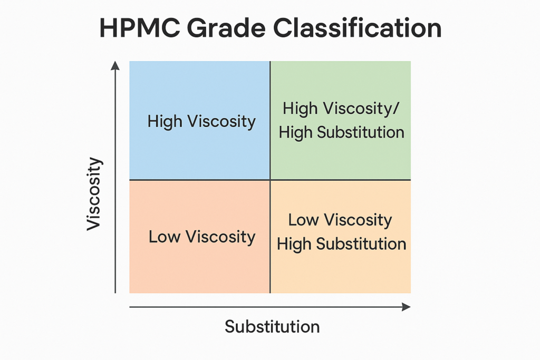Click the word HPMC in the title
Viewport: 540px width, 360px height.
pyautogui.click(x=139, y=28)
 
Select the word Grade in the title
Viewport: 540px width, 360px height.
pyautogui.click(x=226, y=28)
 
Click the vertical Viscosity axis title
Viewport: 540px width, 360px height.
pyautogui.click(x=94, y=194)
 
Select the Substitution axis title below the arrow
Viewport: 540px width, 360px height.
pyautogui.click(x=272, y=326)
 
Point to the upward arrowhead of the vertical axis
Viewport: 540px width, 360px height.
pyautogui.click(x=115, y=65)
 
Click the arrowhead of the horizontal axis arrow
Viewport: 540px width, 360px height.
pyautogui.click(x=407, y=307)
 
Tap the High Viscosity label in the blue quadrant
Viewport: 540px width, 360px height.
pyautogui.click(x=201, y=121)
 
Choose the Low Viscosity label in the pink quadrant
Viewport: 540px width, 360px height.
pyautogui.click(x=202, y=237)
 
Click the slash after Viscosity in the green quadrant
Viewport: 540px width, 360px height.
pyautogui.click(x=396, y=109)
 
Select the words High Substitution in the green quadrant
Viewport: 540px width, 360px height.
pyautogui.click(x=341, y=132)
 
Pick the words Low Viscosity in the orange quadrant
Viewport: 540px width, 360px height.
pyautogui.click(x=340, y=220)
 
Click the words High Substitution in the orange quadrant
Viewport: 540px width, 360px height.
pyautogui.click(x=341, y=244)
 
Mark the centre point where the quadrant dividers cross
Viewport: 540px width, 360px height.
pyautogui.click(x=270, y=180)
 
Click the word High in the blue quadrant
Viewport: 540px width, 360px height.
pyautogui.click(x=165, y=121)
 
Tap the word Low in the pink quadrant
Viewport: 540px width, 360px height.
pyautogui.click(x=165, y=237)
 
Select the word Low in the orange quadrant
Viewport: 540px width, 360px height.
pyautogui.click(x=303, y=220)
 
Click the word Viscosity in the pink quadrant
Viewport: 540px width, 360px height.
pyautogui.click(x=220, y=237)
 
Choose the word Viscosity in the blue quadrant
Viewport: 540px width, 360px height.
pyautogui.click(x=221, y=122)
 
